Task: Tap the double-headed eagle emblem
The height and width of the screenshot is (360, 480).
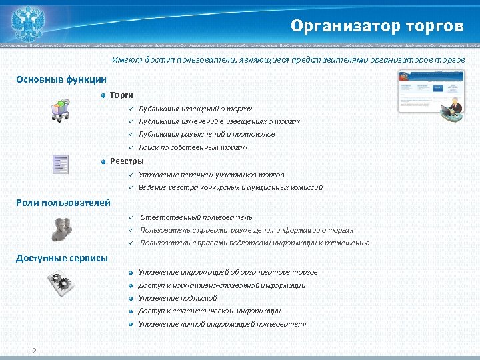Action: (27, 23)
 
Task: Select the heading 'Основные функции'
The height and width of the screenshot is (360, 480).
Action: (61, 79)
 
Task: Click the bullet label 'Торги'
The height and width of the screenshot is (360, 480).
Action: (121, 96)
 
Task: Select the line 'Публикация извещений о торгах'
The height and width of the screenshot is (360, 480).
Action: (195, 109)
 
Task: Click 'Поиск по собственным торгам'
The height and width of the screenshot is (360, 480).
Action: (193, 147)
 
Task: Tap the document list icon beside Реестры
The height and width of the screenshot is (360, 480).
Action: (61, 165)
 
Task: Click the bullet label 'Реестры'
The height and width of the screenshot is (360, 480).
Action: (126, 161)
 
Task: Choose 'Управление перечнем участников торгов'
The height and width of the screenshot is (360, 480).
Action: (211, 175)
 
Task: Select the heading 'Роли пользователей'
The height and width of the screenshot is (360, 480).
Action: (63, 203)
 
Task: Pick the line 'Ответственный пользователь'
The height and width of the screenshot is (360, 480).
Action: (196, 217)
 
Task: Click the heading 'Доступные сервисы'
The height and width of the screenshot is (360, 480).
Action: (61, 258)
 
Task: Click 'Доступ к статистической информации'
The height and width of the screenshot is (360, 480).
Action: (209, 311)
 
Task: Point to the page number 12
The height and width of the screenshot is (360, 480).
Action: (32, 351)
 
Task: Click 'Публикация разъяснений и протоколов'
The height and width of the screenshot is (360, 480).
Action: (207, 134)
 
